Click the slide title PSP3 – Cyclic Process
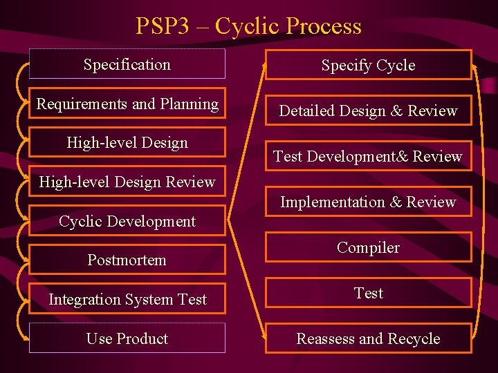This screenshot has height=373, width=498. tap(248, 26)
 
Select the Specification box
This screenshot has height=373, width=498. tap(127, 64)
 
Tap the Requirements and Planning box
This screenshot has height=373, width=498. tap(127, 104)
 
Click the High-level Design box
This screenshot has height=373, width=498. tap(127, 143)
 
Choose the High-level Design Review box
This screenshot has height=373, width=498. tap(127, 182)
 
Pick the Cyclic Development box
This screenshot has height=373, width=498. tap(127, 221)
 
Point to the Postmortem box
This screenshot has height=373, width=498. tap(127, 260)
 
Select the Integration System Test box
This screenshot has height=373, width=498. tap(127, 299)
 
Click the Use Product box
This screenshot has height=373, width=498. tap(127, 338)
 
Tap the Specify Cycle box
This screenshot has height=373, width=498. tap(368, 66)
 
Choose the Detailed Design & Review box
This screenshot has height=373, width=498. tap(368, 111)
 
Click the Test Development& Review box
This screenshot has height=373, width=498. tap(368, 156)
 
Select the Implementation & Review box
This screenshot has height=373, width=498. tap(368, 202)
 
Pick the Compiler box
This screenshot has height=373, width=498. tap(368, 247)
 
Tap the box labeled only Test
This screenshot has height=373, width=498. tap(368, 293)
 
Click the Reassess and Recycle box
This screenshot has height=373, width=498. tap(368, 338)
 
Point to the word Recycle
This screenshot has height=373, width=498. tap(414, 338)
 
